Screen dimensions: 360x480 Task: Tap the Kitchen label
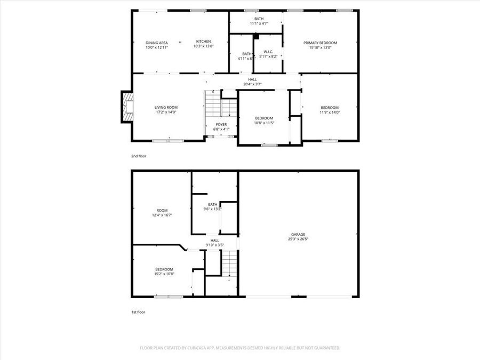(x=203, y=42)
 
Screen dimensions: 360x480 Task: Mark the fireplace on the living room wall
(x=127, y=107)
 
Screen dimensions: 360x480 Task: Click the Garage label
(x=298, y=234)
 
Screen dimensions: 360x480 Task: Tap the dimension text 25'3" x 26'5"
(x=298, y=239)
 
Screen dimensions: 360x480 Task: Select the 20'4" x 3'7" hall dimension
(x=252, y=84)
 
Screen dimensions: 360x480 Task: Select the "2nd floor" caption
(x=139, y=156)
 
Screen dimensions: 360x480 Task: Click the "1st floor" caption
(x=138, y=312)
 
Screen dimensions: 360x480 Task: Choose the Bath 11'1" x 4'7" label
(x=259, y=21)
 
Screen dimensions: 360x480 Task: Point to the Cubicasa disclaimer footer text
(x=240, y=348)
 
